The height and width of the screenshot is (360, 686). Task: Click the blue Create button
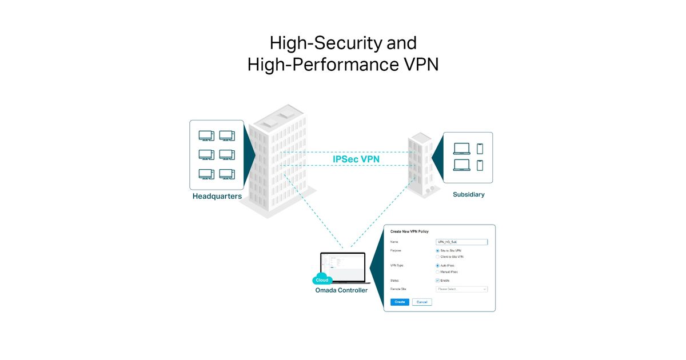coord(400,302)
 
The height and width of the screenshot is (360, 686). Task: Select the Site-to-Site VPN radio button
coord(438,251)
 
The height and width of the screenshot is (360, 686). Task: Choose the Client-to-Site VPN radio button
coord(438,257)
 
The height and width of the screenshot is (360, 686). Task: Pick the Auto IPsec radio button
coord(438,266)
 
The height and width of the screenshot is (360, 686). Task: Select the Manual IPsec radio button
coord(438,272)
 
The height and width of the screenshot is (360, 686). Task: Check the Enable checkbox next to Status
coord(438,281)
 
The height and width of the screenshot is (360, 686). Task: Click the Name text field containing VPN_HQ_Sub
coord(461,242)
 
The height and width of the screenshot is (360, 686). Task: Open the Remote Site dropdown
coord(461,289)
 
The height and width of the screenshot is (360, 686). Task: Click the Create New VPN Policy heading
coord(409,231)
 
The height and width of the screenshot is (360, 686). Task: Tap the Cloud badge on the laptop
coord(322,280)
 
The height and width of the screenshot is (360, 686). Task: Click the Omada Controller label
coord(341,290)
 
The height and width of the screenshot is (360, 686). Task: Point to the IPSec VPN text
coord(356,159)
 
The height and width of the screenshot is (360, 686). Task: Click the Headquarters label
coord(217,197)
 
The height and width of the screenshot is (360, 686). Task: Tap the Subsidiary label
coord(468,194)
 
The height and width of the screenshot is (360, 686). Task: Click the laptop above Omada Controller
coord(342,267)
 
